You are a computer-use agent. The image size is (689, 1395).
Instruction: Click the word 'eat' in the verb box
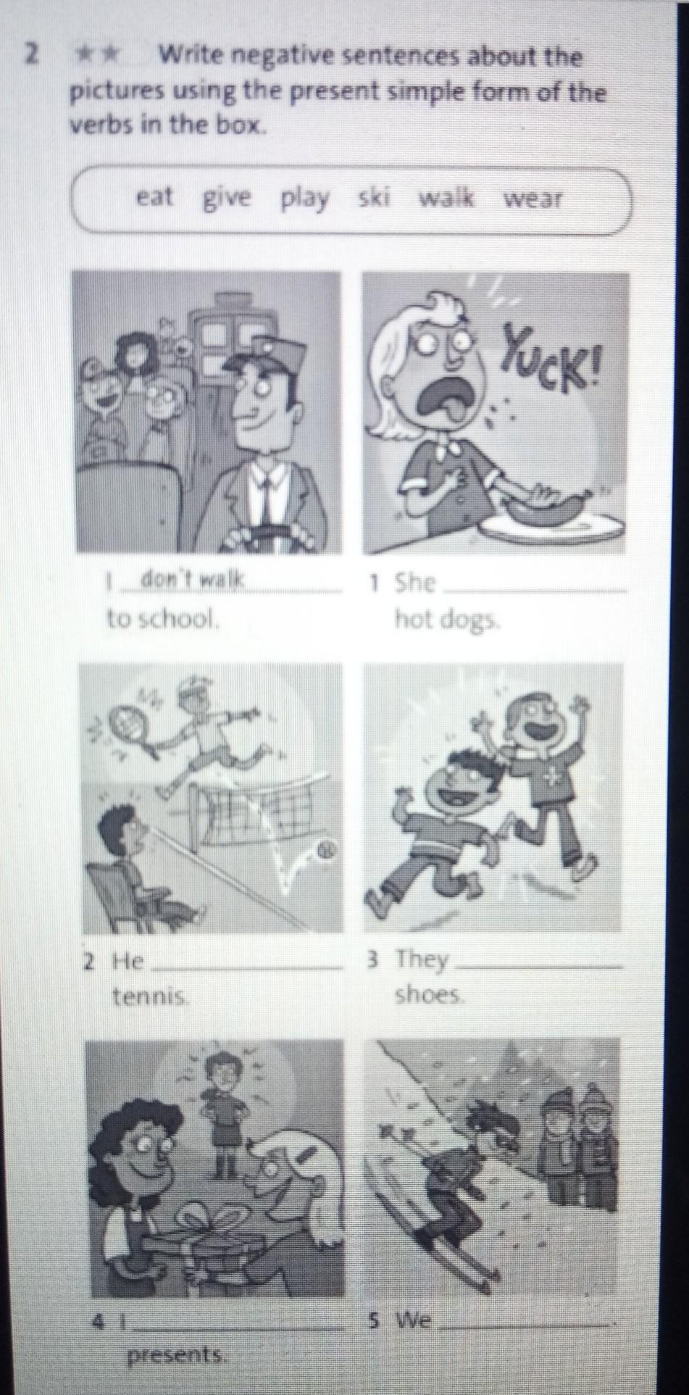(154, 196)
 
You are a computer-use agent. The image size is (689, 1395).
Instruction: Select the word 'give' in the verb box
(226, 198)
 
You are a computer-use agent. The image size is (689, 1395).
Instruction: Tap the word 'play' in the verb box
(305, 199)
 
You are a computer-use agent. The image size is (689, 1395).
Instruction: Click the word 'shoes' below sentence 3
(428, 995)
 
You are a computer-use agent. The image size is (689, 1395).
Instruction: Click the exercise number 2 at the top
(30, 54)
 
